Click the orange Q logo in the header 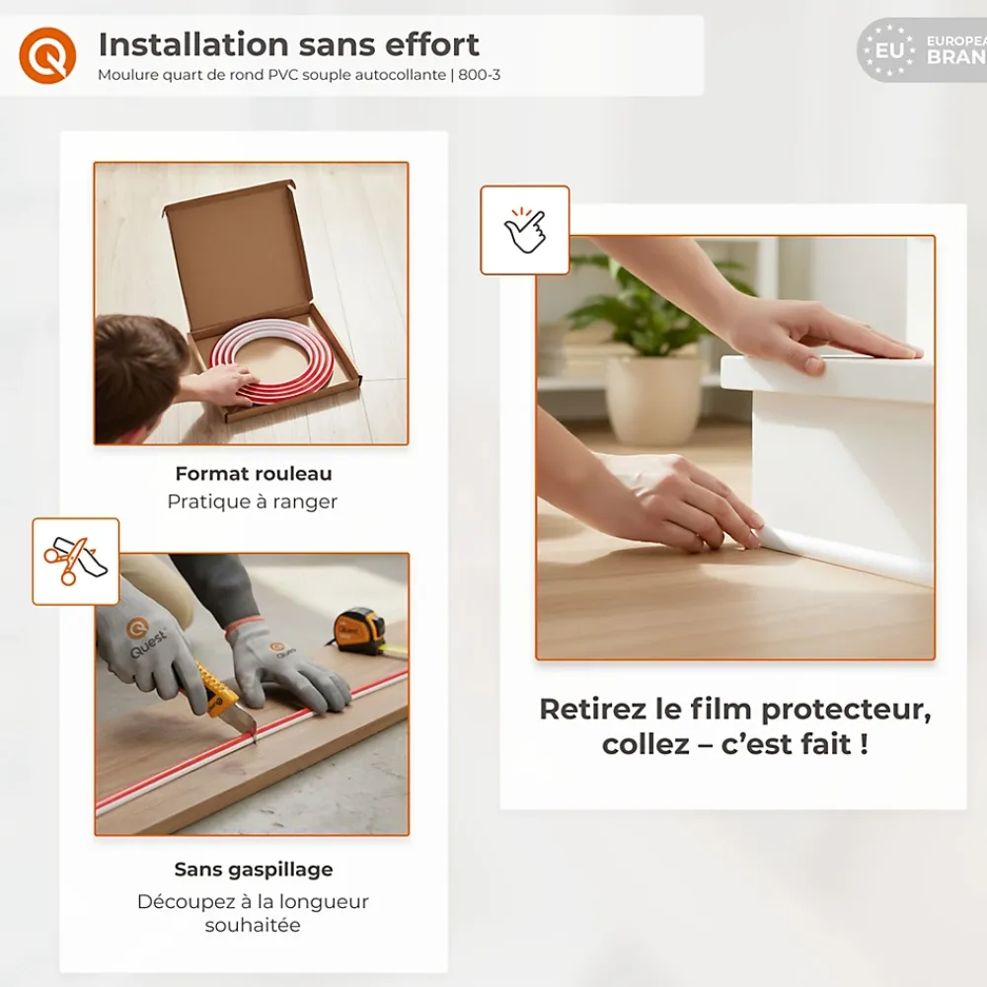(47, 55)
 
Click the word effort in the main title (432, 44)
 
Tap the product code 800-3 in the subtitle (479, 75)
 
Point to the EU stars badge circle (889, 50)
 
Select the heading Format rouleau (254, 474)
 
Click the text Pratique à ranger (253, 501)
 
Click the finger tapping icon (525, 230)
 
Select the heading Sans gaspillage (254, 870)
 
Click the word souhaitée (253, 926)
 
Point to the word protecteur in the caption (846, 710)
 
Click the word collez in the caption (645, 744)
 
